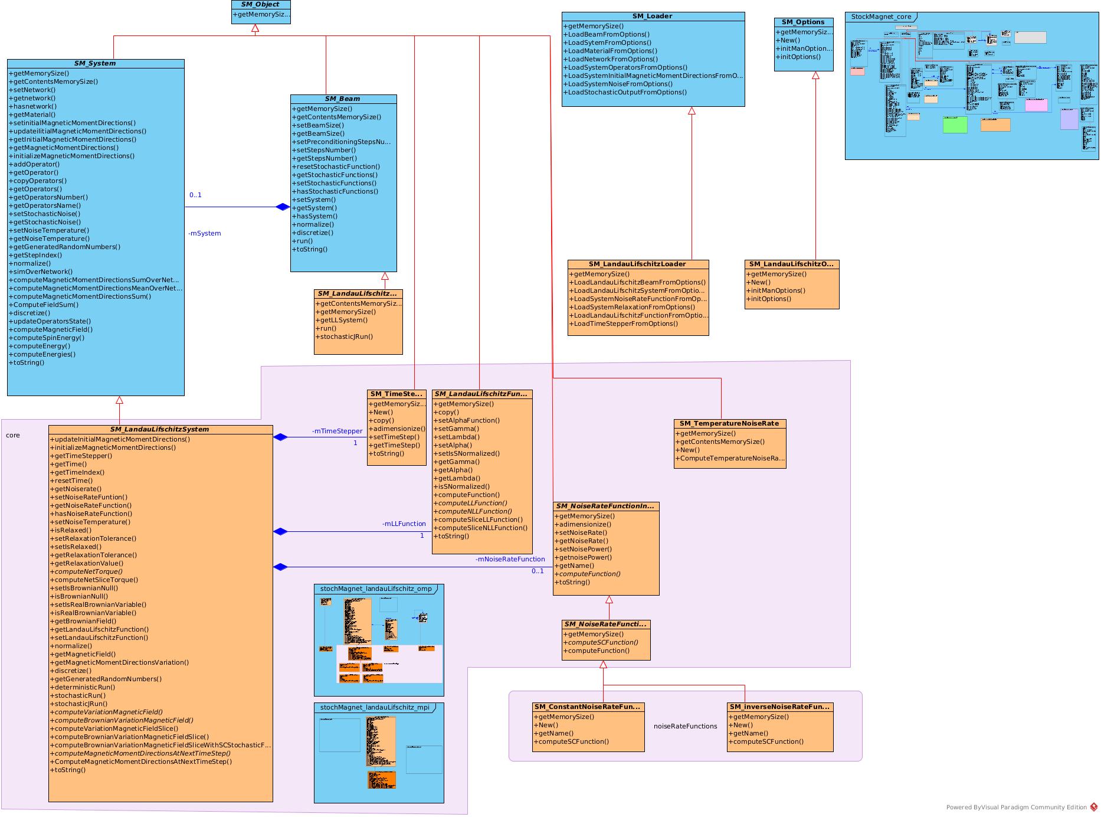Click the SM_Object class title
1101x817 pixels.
pos(260,4)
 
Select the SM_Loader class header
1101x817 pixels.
pos(652,16)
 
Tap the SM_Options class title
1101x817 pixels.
pos(803,22)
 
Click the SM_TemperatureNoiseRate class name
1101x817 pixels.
pos(729,423)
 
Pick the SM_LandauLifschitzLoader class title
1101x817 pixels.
pos(637,264)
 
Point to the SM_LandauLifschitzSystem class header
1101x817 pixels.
pos(159,429)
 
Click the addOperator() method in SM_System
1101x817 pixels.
pos(34,164)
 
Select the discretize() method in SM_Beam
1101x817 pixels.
pos(313,233)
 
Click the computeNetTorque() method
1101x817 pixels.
pos(87,571)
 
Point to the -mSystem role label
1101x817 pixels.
pos(205,233)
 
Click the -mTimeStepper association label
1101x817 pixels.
pos(337,431)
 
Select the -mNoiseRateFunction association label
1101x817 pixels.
pos(510,559)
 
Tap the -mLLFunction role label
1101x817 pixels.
pos(404,524)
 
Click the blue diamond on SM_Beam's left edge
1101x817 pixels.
pos(283,207)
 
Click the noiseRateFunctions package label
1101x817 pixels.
pos(685,726)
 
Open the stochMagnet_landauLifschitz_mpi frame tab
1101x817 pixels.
pos(375,707)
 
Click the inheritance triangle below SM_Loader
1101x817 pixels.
pos(692,111)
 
